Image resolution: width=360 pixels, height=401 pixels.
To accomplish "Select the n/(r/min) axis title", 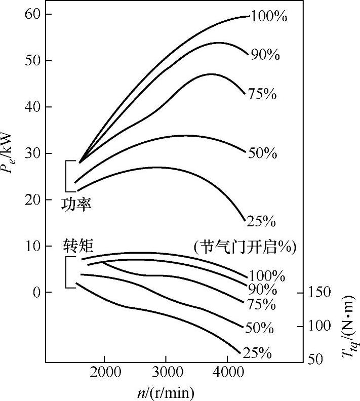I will click(x=165, y=392).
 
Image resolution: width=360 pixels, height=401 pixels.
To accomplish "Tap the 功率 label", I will click(x=76, y=204).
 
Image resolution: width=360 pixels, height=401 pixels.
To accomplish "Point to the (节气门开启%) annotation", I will click(x=245, y=247).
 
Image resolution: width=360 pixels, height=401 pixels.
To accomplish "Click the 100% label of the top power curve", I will click(x=268, y=16).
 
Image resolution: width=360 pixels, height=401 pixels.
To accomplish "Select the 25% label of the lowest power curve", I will click(x=260, y=221).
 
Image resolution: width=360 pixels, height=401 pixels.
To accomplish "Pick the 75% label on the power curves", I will click(x=262, y=94).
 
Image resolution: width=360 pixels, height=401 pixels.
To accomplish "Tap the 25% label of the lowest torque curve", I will click(x=257, y=353).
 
